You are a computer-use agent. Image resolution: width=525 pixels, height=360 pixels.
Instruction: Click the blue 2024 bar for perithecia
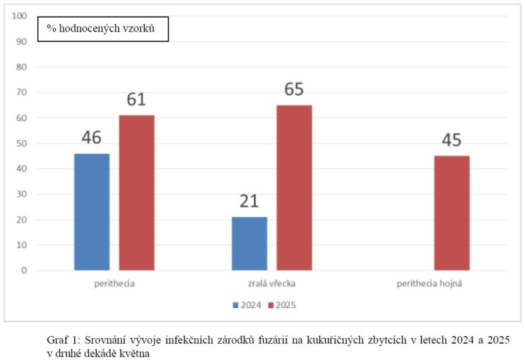pos(92,212)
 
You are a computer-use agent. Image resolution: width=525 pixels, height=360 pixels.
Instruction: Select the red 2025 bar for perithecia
pos(136,193)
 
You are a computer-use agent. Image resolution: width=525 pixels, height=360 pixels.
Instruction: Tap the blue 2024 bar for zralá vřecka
pos(249,244)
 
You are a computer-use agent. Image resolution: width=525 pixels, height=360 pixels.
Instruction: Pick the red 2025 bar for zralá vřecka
pos(294,187)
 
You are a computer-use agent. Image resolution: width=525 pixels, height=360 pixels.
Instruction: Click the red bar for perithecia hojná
pos(451,213)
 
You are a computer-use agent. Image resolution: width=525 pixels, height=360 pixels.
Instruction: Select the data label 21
pos(249,202)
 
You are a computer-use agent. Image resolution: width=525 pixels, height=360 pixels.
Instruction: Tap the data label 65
pos(294,90)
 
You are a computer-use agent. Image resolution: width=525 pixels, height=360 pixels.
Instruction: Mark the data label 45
pos(451,141)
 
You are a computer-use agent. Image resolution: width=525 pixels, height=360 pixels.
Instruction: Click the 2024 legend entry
pos(246,305)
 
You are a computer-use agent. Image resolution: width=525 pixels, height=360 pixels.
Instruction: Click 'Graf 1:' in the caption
pos(59,339)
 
